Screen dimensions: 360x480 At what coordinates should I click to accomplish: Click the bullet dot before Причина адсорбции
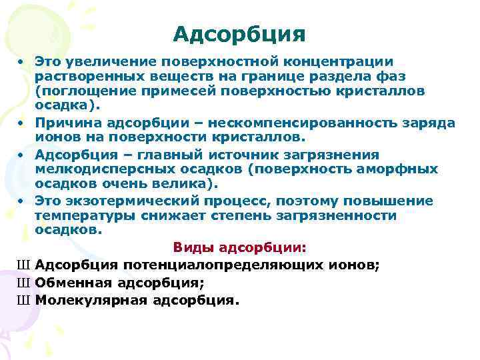click(x=22, y=123)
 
